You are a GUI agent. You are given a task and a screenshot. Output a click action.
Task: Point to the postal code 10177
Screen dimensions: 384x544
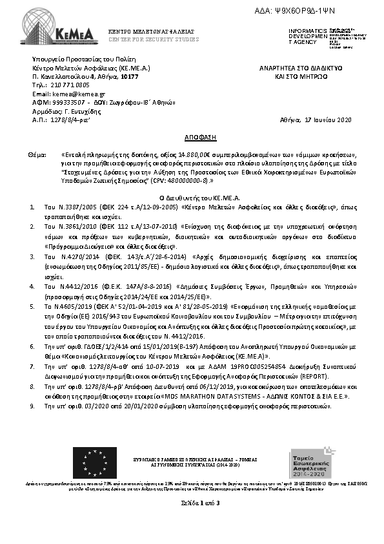pos(129,76)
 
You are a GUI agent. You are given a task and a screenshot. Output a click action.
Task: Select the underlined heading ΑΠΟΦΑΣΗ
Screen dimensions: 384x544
pos(192,138)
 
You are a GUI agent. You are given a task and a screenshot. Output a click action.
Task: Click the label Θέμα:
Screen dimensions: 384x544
pos(37,156)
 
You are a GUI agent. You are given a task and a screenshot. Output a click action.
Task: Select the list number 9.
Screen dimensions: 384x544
pos(32,407)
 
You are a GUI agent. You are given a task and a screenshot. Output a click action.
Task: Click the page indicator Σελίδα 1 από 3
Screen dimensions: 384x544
pos(192,502)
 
